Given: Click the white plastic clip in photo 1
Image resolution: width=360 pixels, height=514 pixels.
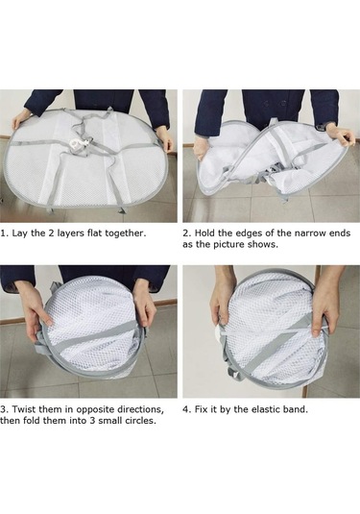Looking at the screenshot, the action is (x=79, y=144).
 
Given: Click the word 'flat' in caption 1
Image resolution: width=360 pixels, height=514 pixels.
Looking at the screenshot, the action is (x=94, y=233).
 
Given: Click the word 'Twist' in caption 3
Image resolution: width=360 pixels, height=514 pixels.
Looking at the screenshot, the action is (x=24, y=409).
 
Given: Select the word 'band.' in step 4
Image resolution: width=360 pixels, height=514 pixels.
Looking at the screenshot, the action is (x=296, y=409).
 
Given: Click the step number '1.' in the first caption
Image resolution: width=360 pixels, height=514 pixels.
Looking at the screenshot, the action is (x=4, y=233).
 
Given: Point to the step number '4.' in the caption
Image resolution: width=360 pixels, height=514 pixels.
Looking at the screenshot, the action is (x=186, y=409).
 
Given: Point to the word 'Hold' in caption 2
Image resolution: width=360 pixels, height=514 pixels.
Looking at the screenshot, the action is (x=204, y=233).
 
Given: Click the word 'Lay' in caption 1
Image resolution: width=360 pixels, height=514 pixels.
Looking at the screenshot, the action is (x=19, y=233).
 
